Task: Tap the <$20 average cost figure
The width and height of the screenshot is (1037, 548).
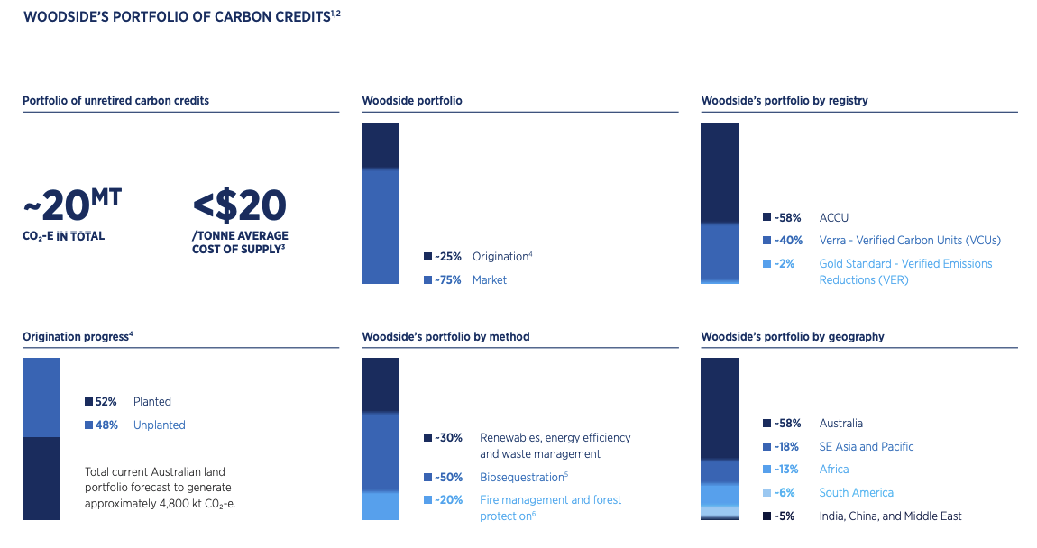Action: point(240,206)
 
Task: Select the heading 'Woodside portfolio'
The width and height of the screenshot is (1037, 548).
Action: point(412,100)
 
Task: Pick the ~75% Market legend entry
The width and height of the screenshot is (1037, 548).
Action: point(465,280)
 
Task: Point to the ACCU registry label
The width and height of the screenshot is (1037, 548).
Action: point(833,217)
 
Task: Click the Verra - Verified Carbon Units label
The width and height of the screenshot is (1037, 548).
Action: point(910,241)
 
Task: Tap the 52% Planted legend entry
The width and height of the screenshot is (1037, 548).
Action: point(128,402)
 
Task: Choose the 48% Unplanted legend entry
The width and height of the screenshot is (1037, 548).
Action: point(135,425)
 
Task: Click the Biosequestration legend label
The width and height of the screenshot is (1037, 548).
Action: point(523,477)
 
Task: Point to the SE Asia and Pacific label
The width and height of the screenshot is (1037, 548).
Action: point(867,447)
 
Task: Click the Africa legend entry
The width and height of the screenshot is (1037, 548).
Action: point(834,470)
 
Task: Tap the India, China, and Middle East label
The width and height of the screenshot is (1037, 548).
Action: point(890,516)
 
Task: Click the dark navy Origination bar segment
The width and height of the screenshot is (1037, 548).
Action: point(380,145)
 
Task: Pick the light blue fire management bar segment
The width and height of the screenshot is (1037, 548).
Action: point(380,505)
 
